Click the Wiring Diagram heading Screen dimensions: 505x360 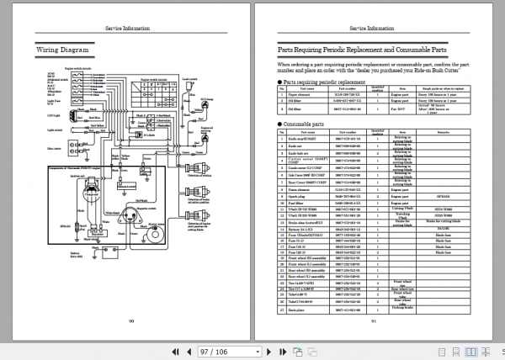[x=63, y=50]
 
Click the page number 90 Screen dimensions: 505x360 [x=131, y=320]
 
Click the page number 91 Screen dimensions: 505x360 [x=373, y=320]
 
